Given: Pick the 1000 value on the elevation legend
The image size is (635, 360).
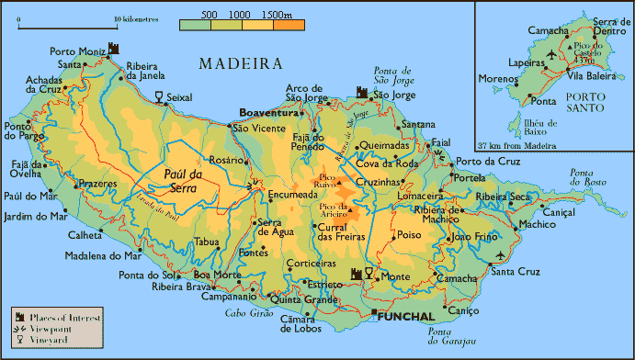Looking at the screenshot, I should (x=239, y=16).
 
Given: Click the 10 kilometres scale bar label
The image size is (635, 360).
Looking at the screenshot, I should (x=136, y=17).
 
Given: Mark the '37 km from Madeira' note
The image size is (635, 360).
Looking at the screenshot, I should (x=517, y=145).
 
